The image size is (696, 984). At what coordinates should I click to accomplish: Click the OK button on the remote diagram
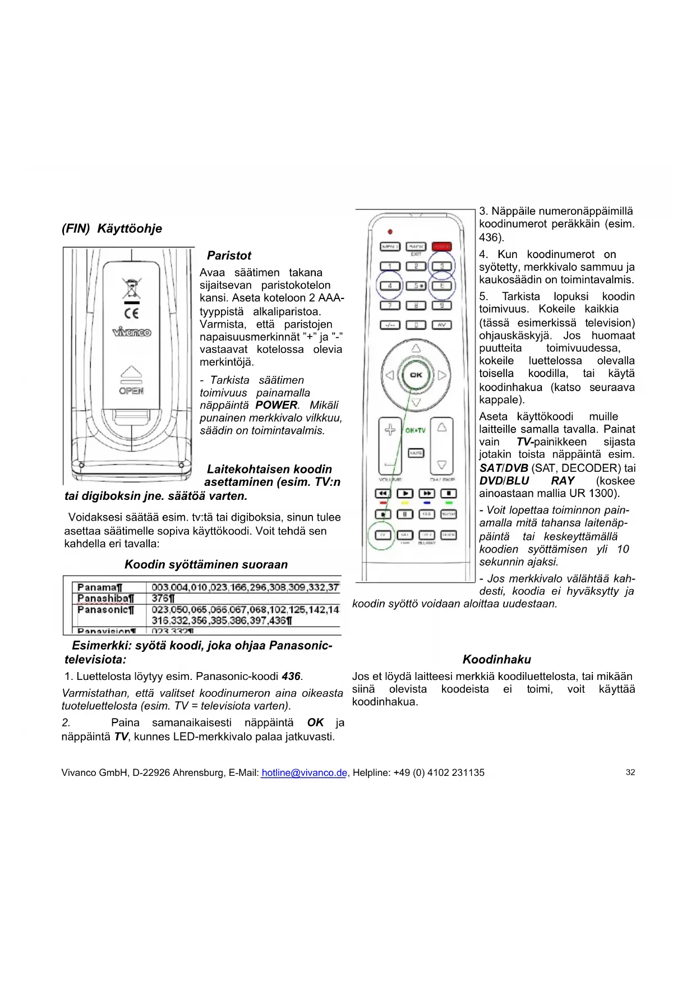click(x=416, y=375)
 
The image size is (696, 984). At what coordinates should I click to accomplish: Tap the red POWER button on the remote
click(x=441, y=246)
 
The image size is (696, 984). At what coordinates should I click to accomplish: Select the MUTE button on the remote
click(x=416, y=453)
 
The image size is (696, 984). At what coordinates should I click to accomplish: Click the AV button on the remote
click(x=441, y=325)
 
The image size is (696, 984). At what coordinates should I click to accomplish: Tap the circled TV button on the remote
click(x=383, y=535)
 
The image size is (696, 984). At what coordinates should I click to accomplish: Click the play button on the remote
click(x=404, y=494)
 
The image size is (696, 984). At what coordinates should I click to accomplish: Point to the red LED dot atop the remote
click(x=390, y=231)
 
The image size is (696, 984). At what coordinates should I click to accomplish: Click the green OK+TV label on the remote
click(x=415, y=430)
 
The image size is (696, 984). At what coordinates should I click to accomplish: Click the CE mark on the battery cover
click(x=131, y=313)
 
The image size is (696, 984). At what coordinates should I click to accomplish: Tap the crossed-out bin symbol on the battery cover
click(x=131, y=288)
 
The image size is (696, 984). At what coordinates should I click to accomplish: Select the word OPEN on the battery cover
click(x=131, y=391)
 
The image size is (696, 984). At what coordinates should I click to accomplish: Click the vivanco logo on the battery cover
click(x=131, y=332)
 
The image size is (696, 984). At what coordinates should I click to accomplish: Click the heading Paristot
click(x=229, y=256)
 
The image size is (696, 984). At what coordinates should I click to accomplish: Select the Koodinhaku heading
click(x=496, y=660)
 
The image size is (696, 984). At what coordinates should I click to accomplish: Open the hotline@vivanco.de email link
click(x=304, y=773)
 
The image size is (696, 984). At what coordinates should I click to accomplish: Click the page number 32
click(x=630, y=773)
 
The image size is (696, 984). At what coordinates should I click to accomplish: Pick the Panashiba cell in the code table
click(x=105, y=599)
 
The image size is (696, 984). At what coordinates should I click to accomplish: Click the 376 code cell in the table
click(x=163, y=599)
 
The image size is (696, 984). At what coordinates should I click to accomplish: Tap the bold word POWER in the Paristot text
click(x=276, y=405)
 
